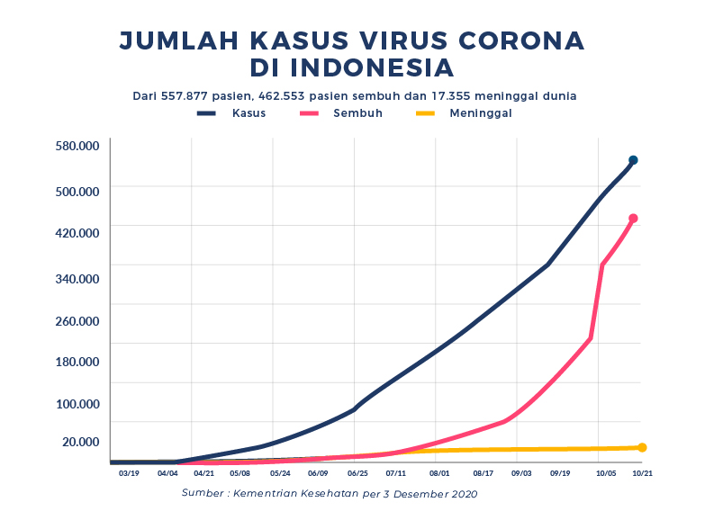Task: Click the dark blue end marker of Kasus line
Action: click(x=633, y=160)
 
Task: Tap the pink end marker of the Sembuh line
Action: click(x=633, y=219)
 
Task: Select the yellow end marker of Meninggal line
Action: click(x=642, y=447)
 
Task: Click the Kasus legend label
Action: click(x=249, y=113)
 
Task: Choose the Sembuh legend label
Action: click(x=357, y=113)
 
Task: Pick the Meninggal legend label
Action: click(x=481, y=113)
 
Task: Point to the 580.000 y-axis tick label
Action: click(x=77, y=146)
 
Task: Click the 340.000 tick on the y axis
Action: click(x=77, y=278)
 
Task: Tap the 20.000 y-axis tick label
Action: click(x=81, y=441)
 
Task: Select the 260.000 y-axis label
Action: click(x=77, y=320)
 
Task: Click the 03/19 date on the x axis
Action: click(x=128, y=472)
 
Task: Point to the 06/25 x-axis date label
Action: click(x=357, y=472)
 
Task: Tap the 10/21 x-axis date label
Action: click(x=642, y=472)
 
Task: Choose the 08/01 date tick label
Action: click(x=439, y=472)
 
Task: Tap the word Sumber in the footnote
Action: click(x=203, y=493)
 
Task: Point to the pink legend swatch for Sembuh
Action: click(x=311, y=113)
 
